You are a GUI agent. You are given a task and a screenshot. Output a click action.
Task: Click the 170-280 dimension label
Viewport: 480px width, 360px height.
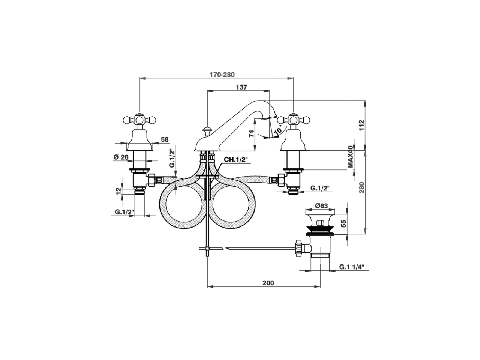(222, 74)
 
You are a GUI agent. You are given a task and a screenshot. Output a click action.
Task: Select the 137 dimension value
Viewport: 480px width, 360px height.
(241, 87)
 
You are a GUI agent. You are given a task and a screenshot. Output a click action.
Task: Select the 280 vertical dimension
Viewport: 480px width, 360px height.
(361, 188)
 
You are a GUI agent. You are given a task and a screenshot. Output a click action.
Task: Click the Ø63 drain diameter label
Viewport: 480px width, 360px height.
(321, 205)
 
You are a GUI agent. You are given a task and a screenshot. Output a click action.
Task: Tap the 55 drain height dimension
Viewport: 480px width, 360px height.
(342, 224)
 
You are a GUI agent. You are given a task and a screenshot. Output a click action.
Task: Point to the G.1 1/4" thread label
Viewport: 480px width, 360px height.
(352, 267)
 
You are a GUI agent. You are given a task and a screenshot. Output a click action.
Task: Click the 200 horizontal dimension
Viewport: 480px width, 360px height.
(268, 283)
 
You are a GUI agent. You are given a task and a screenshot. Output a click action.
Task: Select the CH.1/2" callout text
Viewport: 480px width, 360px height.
(236, 160)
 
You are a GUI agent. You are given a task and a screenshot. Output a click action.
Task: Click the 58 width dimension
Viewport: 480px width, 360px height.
(165, 139)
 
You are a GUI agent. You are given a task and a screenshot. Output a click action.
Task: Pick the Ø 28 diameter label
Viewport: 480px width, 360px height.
(121, 156)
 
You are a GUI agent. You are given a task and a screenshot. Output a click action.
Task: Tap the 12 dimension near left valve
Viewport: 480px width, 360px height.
(119, 191)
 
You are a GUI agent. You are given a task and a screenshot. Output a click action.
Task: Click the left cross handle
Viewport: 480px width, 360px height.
(139, 120)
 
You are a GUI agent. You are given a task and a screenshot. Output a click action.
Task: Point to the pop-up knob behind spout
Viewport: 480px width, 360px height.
(206, 131)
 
